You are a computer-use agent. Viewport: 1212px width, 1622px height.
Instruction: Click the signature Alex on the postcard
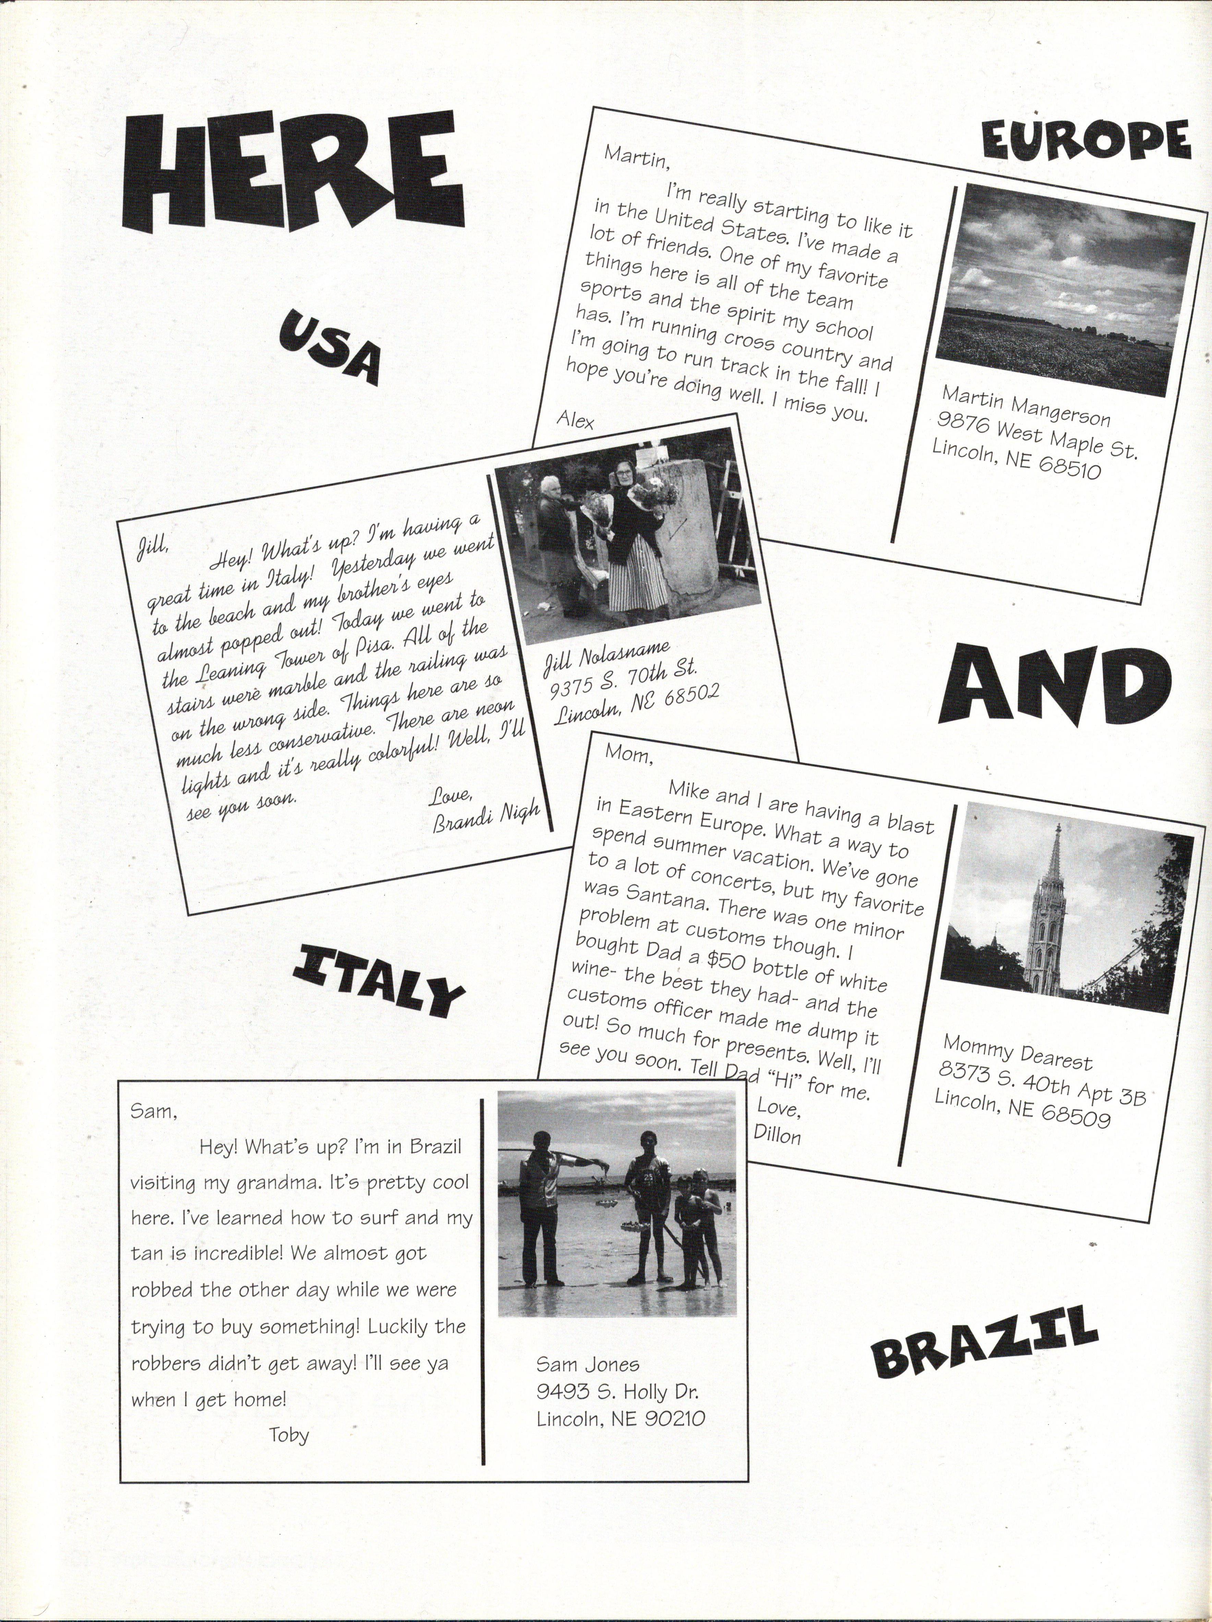point(576,419)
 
